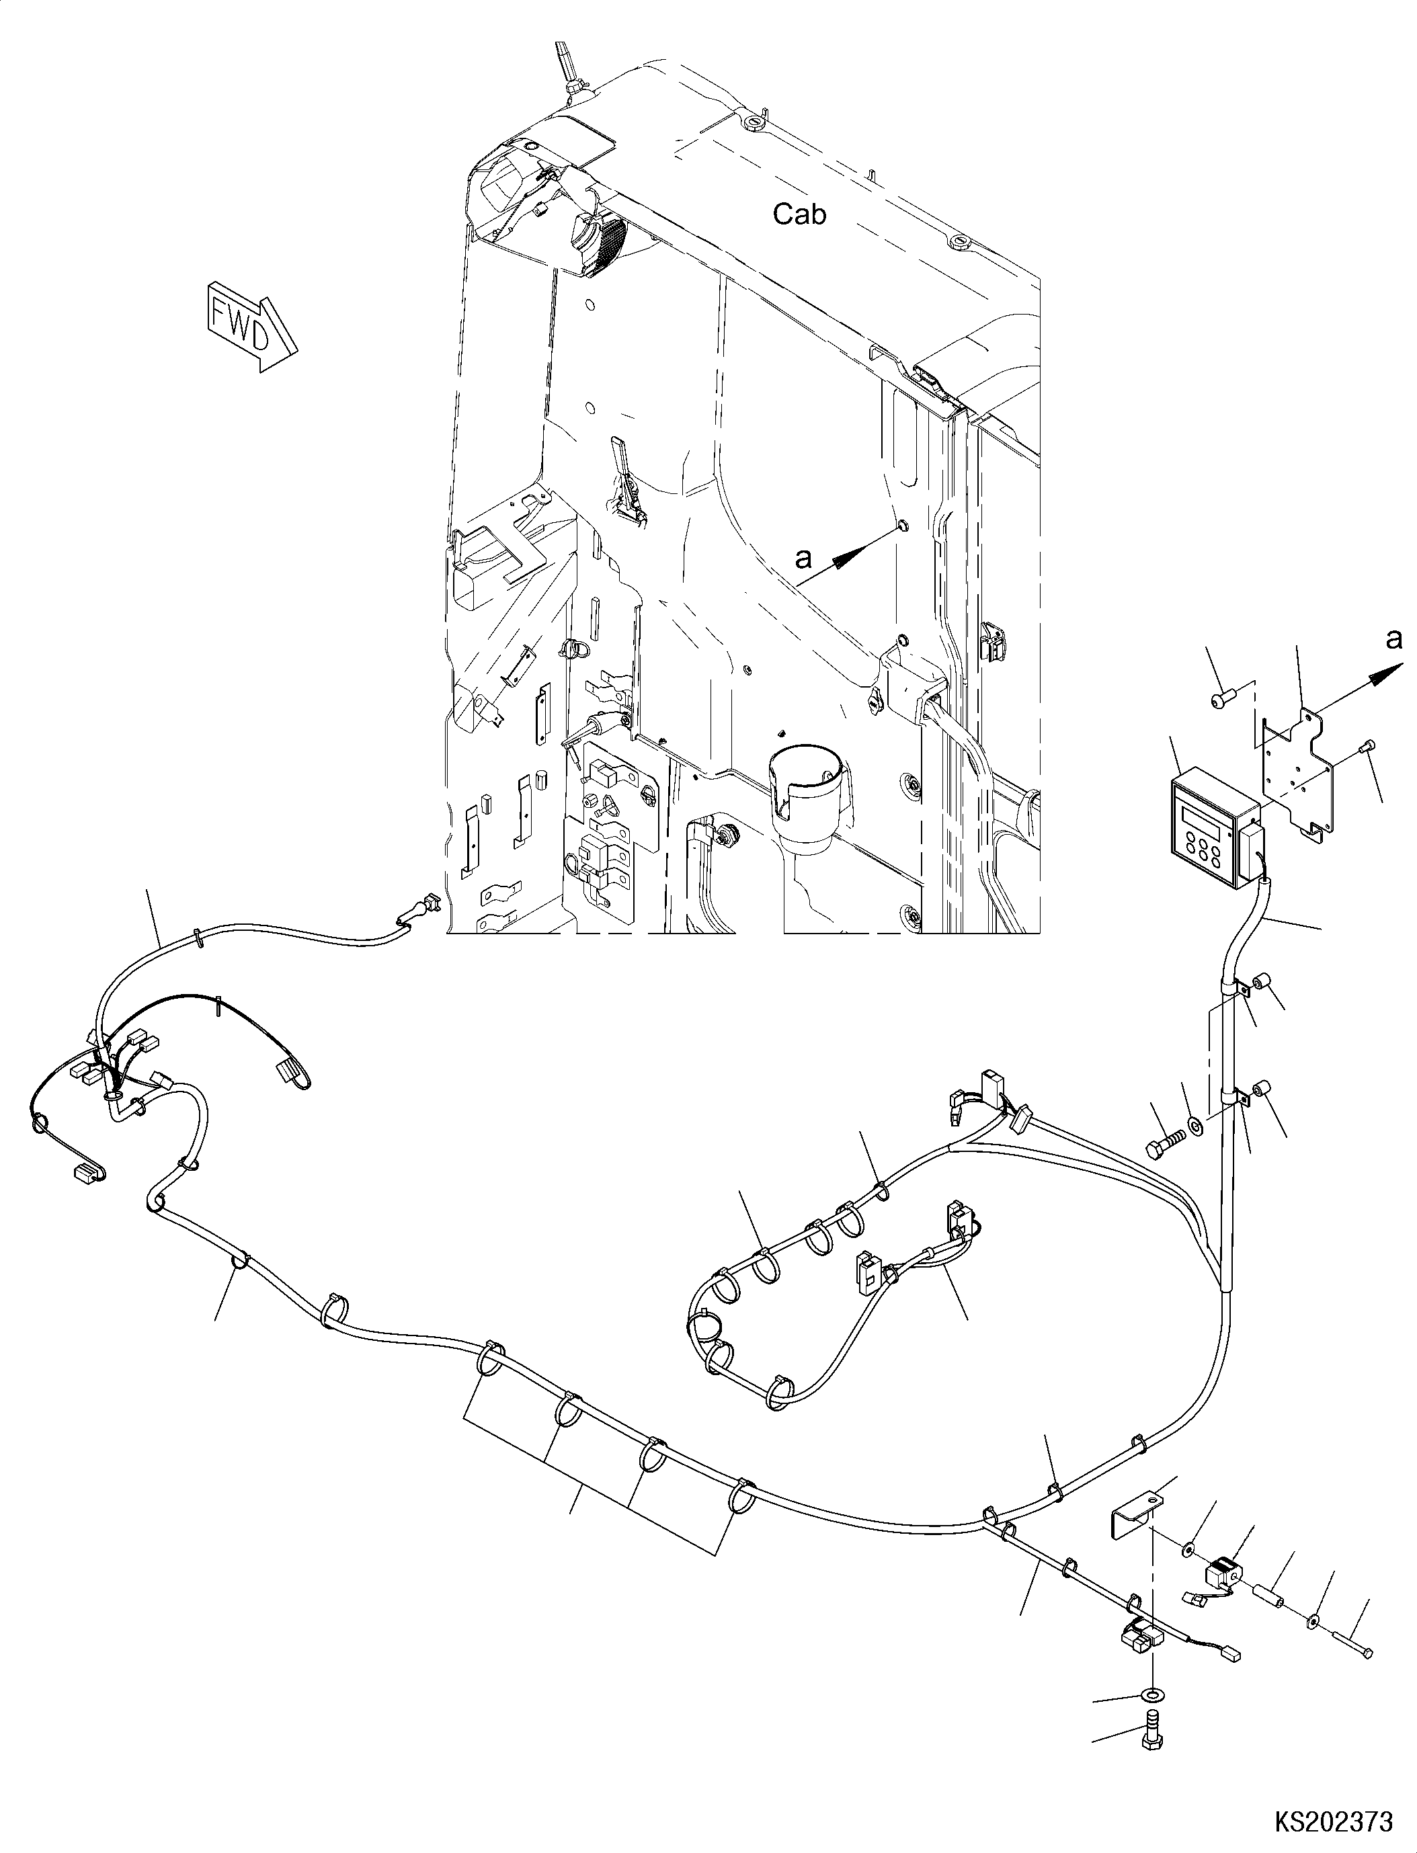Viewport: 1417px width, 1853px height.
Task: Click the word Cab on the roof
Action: [x=800, y=215]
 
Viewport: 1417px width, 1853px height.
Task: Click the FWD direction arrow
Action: [x=249, y=325]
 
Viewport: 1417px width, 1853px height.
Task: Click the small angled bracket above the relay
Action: [x=1135, y=1512]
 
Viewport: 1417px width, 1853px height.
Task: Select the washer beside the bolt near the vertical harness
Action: [x=1195, y=1125]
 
